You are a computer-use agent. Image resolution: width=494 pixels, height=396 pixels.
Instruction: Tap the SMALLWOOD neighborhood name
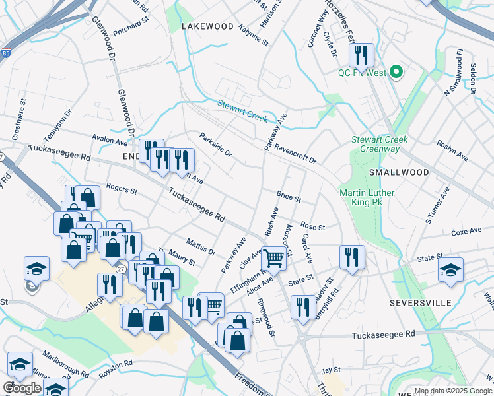[x=399, y=172]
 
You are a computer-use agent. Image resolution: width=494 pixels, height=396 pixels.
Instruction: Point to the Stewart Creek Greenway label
[x=379, y=144]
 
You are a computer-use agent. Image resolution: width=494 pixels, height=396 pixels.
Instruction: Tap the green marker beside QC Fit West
[x=396, y=72]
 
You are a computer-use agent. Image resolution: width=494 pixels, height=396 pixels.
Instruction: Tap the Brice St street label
[x=289, y=197]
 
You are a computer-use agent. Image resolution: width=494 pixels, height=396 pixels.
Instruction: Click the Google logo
[x=22, y=388]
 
